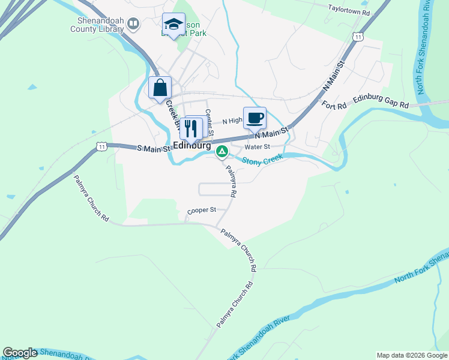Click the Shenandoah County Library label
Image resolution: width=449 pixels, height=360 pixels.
pyautogui.click(x=97, y=24)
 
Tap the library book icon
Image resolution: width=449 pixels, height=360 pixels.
pyautogui.click(x=133, y=24)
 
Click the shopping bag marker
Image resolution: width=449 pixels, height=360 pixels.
pyautogui.click(x=160, y=88)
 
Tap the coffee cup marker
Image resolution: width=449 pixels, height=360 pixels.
pyautogui.click(x=255, y=118)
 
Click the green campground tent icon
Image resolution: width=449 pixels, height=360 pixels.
pyautogui.click(x=221, y=152)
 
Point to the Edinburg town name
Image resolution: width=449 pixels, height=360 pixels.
pyautogui.click(x=191, y=145)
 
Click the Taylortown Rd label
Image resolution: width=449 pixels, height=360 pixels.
pyautogui.click(x=351, y=8)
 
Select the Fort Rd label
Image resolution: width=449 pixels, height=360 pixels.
pyautogui.click(x=334, y=106)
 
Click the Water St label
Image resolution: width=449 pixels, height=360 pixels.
pyautogui.click(x=258, y=146)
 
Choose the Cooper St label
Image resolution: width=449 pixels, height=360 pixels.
pyautogui.click(x=201, y=211)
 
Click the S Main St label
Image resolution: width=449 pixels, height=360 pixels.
pyautogui.click(x=154, y=148)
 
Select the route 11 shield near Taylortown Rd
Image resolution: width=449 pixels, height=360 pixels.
pyautogui.click(x=358, y=37)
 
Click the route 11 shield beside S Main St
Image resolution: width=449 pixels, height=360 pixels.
pyautogui.click(x=101, y=146)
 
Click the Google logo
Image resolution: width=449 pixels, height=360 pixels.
pyautogui.click(x=20, y=353)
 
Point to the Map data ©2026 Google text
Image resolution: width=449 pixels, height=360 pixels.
pyautogui.click(x=411, y=355)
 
